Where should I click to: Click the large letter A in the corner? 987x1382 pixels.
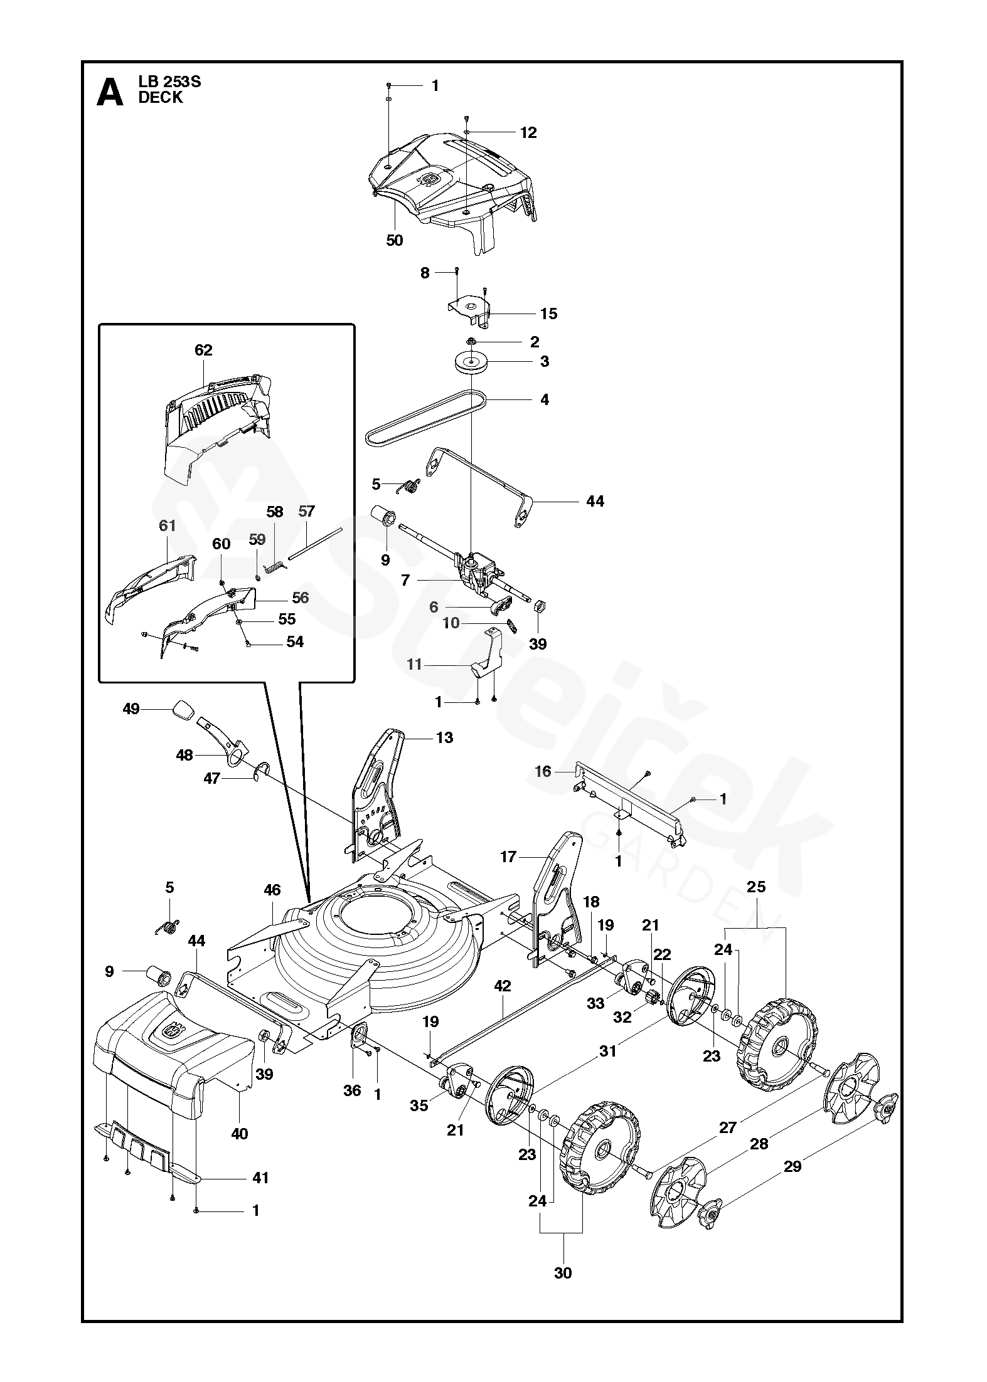point(110,92)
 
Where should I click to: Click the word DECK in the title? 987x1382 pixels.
point(161,98)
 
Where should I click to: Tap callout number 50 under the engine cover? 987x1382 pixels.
point(394,241)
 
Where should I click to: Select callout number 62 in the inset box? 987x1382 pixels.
point(204,350)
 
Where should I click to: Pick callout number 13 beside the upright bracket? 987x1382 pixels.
point(444,738)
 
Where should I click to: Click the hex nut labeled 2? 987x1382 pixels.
point(470,342)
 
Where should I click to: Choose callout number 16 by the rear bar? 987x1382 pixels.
point(543,771)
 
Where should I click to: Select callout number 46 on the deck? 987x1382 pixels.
point(272,890)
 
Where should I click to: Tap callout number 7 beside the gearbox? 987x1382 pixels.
point(405,581)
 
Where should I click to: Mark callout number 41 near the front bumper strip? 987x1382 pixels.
point(260,1178)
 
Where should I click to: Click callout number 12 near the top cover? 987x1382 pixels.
point(528,132)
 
